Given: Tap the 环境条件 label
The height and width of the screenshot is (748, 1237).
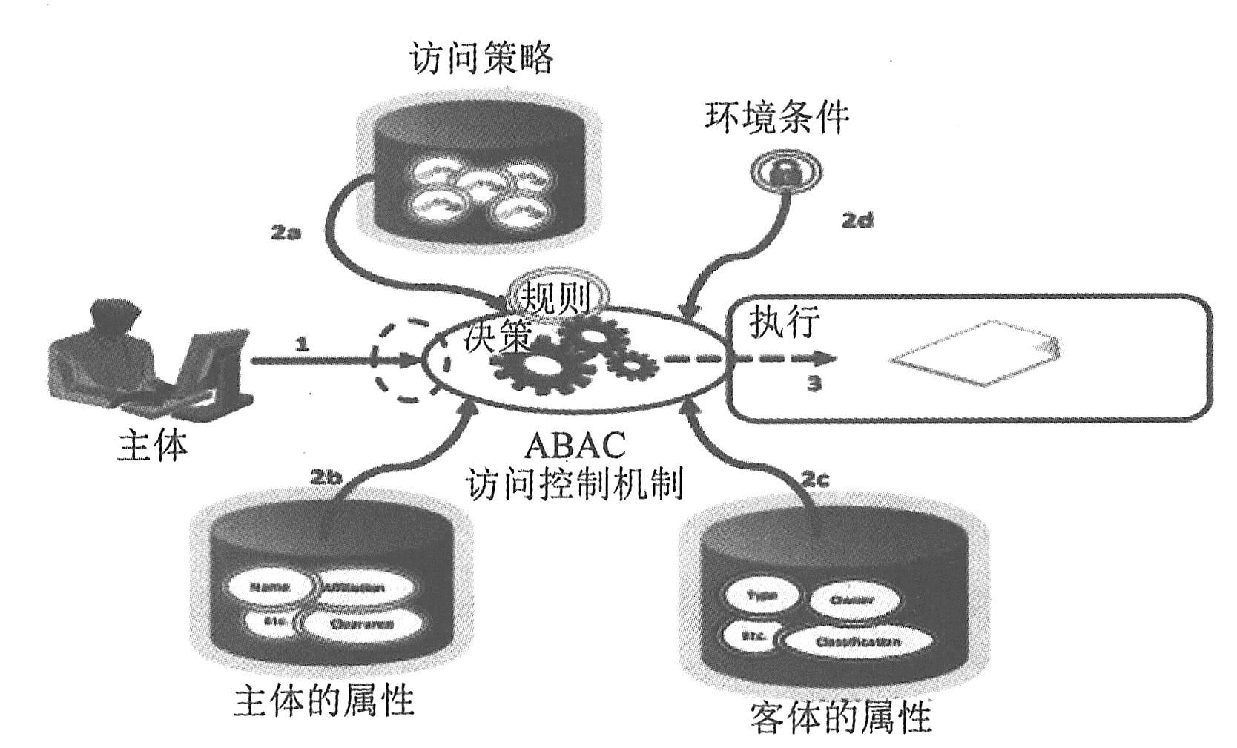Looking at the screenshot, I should [x=776, y=117].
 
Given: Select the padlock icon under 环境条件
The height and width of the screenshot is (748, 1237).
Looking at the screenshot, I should [x=784, y=173].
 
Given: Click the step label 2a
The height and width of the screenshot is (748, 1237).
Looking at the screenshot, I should [x=285, y=232].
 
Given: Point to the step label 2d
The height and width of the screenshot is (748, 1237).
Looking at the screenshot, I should [x=857, y=219].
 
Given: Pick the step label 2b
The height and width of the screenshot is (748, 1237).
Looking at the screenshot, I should [x=326, y=477].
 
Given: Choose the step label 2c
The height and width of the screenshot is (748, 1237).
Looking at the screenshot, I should [x=814, y=480].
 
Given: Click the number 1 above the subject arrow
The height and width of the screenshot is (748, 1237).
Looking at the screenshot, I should [x=301, y=344].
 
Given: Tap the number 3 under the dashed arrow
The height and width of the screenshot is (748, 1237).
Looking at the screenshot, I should [x=814, y=384].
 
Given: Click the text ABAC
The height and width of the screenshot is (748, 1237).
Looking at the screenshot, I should [x=575, y=446].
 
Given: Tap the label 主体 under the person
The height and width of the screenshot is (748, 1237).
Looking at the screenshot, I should [x=153, y=446].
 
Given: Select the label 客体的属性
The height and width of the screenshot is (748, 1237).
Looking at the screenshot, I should [x=840, y=717].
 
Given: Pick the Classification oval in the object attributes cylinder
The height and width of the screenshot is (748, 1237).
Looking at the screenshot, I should [x=857, y=642].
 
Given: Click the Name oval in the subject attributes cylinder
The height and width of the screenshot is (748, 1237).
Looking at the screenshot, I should [x=270, y=587].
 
